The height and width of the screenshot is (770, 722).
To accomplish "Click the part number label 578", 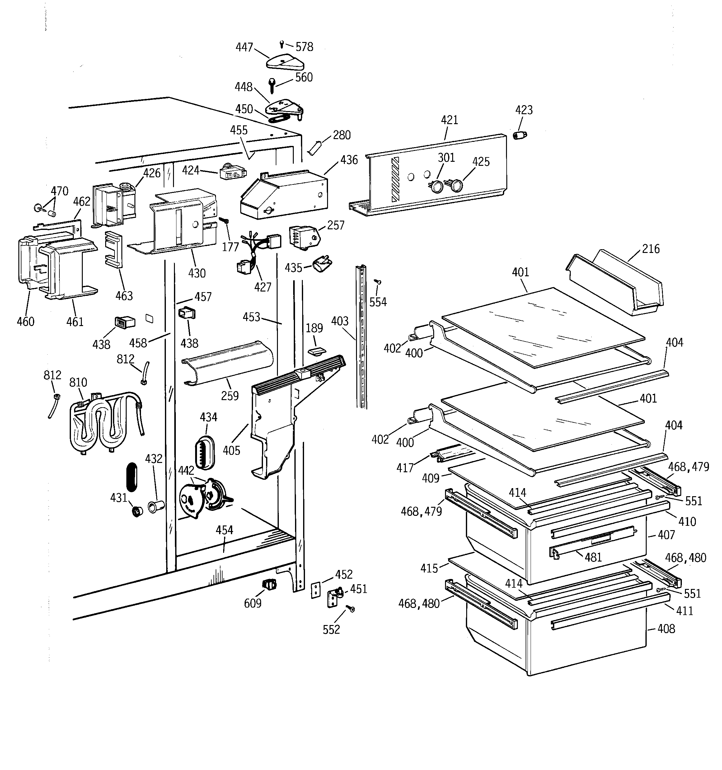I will pos(304,47).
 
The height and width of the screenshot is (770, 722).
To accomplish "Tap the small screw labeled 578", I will pos(282,44).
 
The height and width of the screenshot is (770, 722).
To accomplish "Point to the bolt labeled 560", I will pos(272,86).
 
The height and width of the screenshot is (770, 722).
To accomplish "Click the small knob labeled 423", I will pos(520,135).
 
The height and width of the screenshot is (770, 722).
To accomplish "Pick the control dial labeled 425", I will pos(456,185).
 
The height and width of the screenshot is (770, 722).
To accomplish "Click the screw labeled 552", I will pos(351,609).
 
